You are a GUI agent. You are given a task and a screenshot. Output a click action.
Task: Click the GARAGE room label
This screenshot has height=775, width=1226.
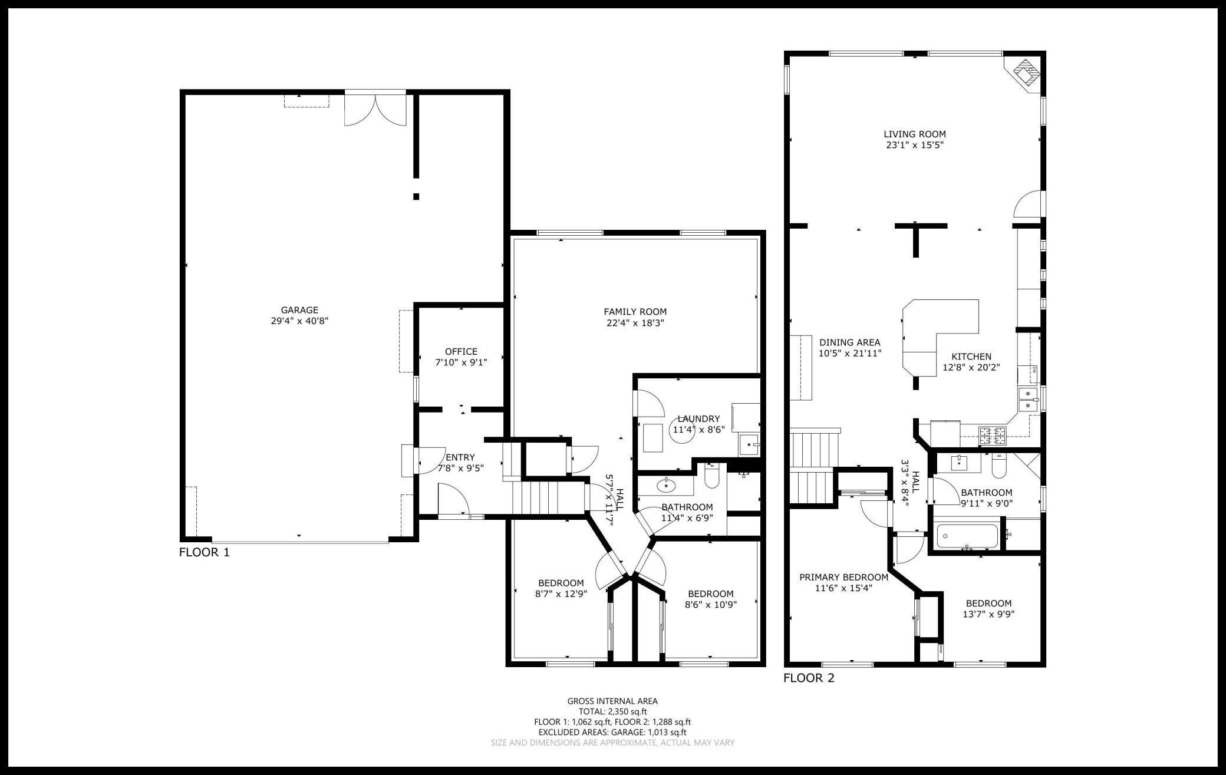[x=299, y=310]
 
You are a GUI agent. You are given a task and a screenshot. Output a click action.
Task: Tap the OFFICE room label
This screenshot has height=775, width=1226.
[x=461, y=352]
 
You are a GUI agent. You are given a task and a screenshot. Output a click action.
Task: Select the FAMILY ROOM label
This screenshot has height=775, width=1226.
[x=635, y=312]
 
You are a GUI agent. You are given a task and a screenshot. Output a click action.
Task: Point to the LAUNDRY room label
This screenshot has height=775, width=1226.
[x=698, y=419]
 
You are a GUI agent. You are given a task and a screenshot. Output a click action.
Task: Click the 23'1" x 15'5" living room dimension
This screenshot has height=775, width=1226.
[x=915, y=145]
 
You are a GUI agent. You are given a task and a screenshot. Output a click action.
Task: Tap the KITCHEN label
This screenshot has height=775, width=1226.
[x=971, y=357]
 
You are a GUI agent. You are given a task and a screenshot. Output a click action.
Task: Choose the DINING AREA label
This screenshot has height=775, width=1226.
[x=849, y=342]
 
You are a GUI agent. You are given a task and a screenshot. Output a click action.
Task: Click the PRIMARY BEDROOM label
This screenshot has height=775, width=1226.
[x=843, y=577]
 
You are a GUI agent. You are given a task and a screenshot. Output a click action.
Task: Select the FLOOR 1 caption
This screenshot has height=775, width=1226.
[x=204, y=553]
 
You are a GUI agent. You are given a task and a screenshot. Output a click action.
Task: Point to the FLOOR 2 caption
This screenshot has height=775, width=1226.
[x=809, y=678]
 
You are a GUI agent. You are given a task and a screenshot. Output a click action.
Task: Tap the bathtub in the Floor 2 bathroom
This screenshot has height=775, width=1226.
[x=967, y=536]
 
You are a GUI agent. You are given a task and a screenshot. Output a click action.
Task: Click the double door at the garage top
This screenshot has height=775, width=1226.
[x=375, y=108]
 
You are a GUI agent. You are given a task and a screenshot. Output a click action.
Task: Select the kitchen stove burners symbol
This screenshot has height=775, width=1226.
[x=993, y=436]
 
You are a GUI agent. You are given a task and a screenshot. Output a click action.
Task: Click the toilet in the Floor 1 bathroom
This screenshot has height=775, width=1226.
[x=711, y=476]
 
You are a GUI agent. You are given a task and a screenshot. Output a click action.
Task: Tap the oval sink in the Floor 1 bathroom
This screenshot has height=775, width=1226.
[x=667, y=486]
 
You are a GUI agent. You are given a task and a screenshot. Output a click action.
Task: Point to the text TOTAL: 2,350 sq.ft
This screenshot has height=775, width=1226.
[x=612, y=711]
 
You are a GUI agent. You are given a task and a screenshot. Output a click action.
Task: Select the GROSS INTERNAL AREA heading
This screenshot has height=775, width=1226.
[x=612, y=701]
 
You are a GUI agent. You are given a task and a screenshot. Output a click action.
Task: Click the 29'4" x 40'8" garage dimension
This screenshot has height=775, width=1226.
[x=299, y=321]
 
